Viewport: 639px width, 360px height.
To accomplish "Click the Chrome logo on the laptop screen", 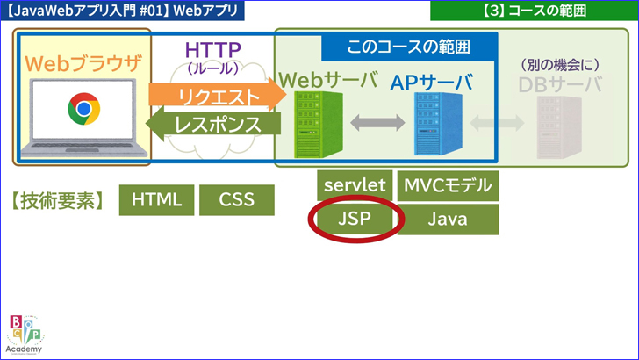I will click(83, 109).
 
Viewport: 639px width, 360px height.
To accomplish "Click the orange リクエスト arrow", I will click(216, 96).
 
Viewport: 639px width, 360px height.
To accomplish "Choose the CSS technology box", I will click(236, 199).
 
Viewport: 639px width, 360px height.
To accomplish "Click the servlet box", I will click(355, 185).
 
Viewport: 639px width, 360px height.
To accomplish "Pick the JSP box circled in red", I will click(355, 220).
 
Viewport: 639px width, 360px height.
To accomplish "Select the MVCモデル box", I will click(448, 185).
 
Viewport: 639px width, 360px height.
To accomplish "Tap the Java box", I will click(448, 220).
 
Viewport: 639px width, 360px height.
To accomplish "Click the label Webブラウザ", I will click(83, 64).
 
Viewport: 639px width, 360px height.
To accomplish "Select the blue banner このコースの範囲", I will click(409, 47).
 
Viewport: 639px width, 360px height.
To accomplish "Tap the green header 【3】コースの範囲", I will click(535, 11).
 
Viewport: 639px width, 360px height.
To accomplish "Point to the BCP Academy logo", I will click(24, 333).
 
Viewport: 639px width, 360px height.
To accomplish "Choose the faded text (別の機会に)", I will click(559, 63).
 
